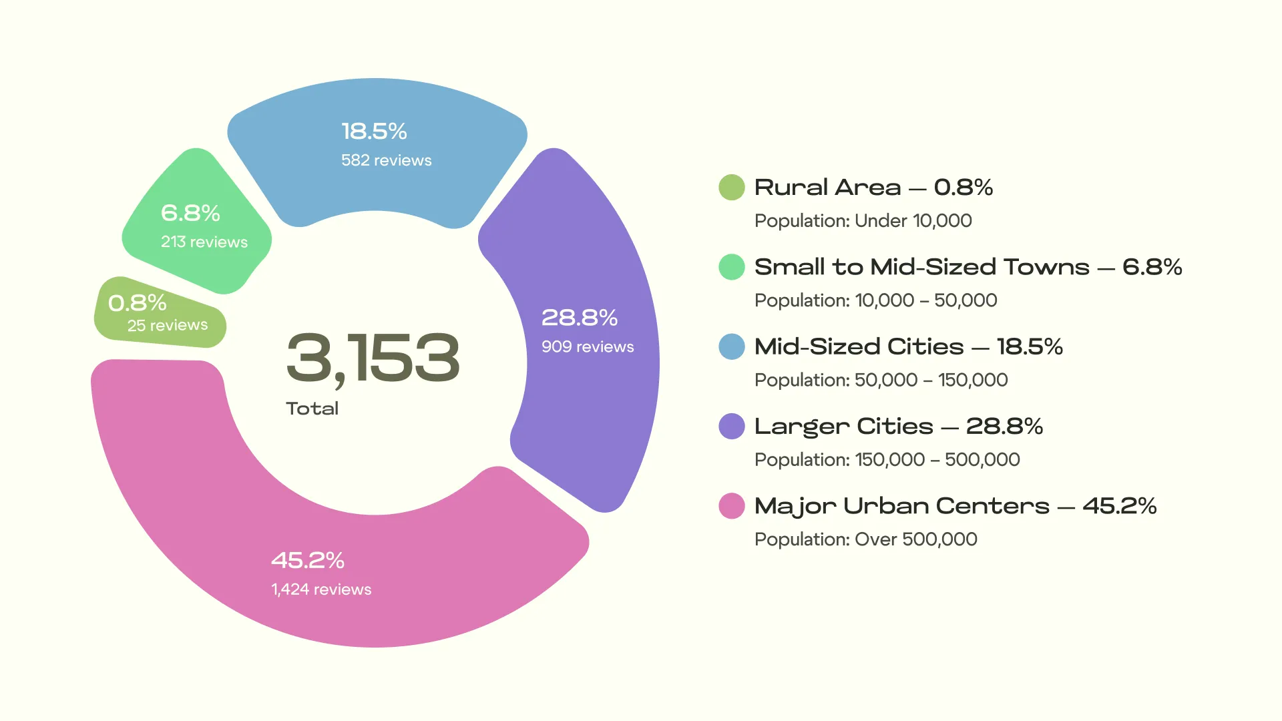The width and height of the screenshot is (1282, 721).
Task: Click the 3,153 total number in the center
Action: point(373,358)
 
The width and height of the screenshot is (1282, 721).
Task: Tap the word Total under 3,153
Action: point(312,409)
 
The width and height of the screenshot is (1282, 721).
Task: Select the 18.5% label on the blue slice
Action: point(374,132)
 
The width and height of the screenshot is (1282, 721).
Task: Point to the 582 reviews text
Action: point(386,160)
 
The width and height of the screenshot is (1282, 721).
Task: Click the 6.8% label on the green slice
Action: point(190,213)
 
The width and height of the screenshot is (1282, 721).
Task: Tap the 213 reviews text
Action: point(204,242)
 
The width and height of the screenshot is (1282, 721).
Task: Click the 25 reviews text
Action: point(167,325)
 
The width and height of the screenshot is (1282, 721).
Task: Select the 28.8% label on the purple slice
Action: point(579,318)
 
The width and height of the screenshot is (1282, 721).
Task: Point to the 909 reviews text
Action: point(587,346)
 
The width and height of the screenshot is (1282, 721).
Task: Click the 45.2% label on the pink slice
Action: point(307,560)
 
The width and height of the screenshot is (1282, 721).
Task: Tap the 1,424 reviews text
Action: point(320,589)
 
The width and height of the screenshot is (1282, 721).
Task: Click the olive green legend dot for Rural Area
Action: point(731,188)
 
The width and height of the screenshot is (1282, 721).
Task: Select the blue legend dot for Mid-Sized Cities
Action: point(731,346)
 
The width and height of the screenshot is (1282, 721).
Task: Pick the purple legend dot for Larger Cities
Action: point(731,426)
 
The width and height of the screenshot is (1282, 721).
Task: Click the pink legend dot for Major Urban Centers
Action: point(731,506)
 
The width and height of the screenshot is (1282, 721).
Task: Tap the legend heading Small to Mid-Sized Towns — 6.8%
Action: point(968,267)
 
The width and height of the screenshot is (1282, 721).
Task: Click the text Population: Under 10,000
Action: point(863,220)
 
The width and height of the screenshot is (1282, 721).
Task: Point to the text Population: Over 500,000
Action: point(865,539)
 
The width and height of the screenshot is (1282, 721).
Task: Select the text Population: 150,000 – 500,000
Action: point(887,459)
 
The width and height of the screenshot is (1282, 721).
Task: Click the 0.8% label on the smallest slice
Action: point(137,303)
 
